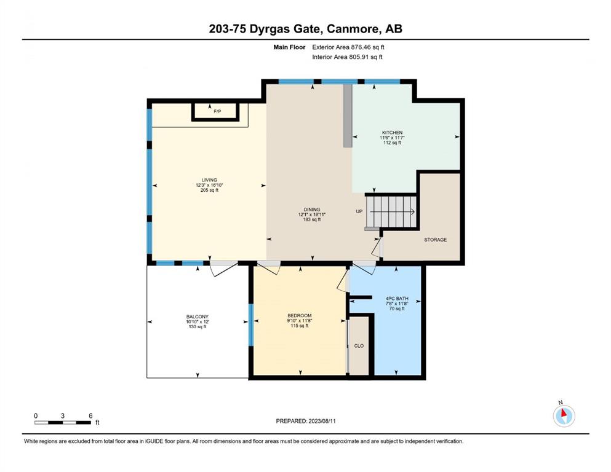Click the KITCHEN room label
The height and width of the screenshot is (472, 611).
coord(392,133)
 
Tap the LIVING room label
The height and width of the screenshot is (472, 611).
coord(209,180)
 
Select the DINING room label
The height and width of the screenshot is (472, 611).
coord(312,210)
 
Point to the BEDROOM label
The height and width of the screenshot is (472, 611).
coord(300,315)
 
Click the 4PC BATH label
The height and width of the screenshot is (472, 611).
coord(397,299)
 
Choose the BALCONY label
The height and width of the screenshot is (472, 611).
coord(197,317)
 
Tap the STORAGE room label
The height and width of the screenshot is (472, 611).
coord(435,240)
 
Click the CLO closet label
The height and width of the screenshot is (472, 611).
coord(359,345)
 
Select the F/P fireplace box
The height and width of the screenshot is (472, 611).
coord(215,112)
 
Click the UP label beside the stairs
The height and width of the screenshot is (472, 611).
coord(359,211)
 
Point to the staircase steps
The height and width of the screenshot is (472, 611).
coord(392,211)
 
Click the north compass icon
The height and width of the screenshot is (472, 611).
coord(564,415)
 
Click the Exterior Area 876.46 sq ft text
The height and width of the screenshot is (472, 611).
coord(348,47)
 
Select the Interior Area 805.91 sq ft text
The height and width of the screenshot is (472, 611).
coord(347,57)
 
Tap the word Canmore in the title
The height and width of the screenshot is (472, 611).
coord(353,29)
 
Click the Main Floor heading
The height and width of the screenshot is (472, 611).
coord(289,47)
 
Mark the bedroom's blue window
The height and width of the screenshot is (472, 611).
coord(251,325)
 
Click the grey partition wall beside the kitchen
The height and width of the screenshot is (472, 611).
coord(348,116)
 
